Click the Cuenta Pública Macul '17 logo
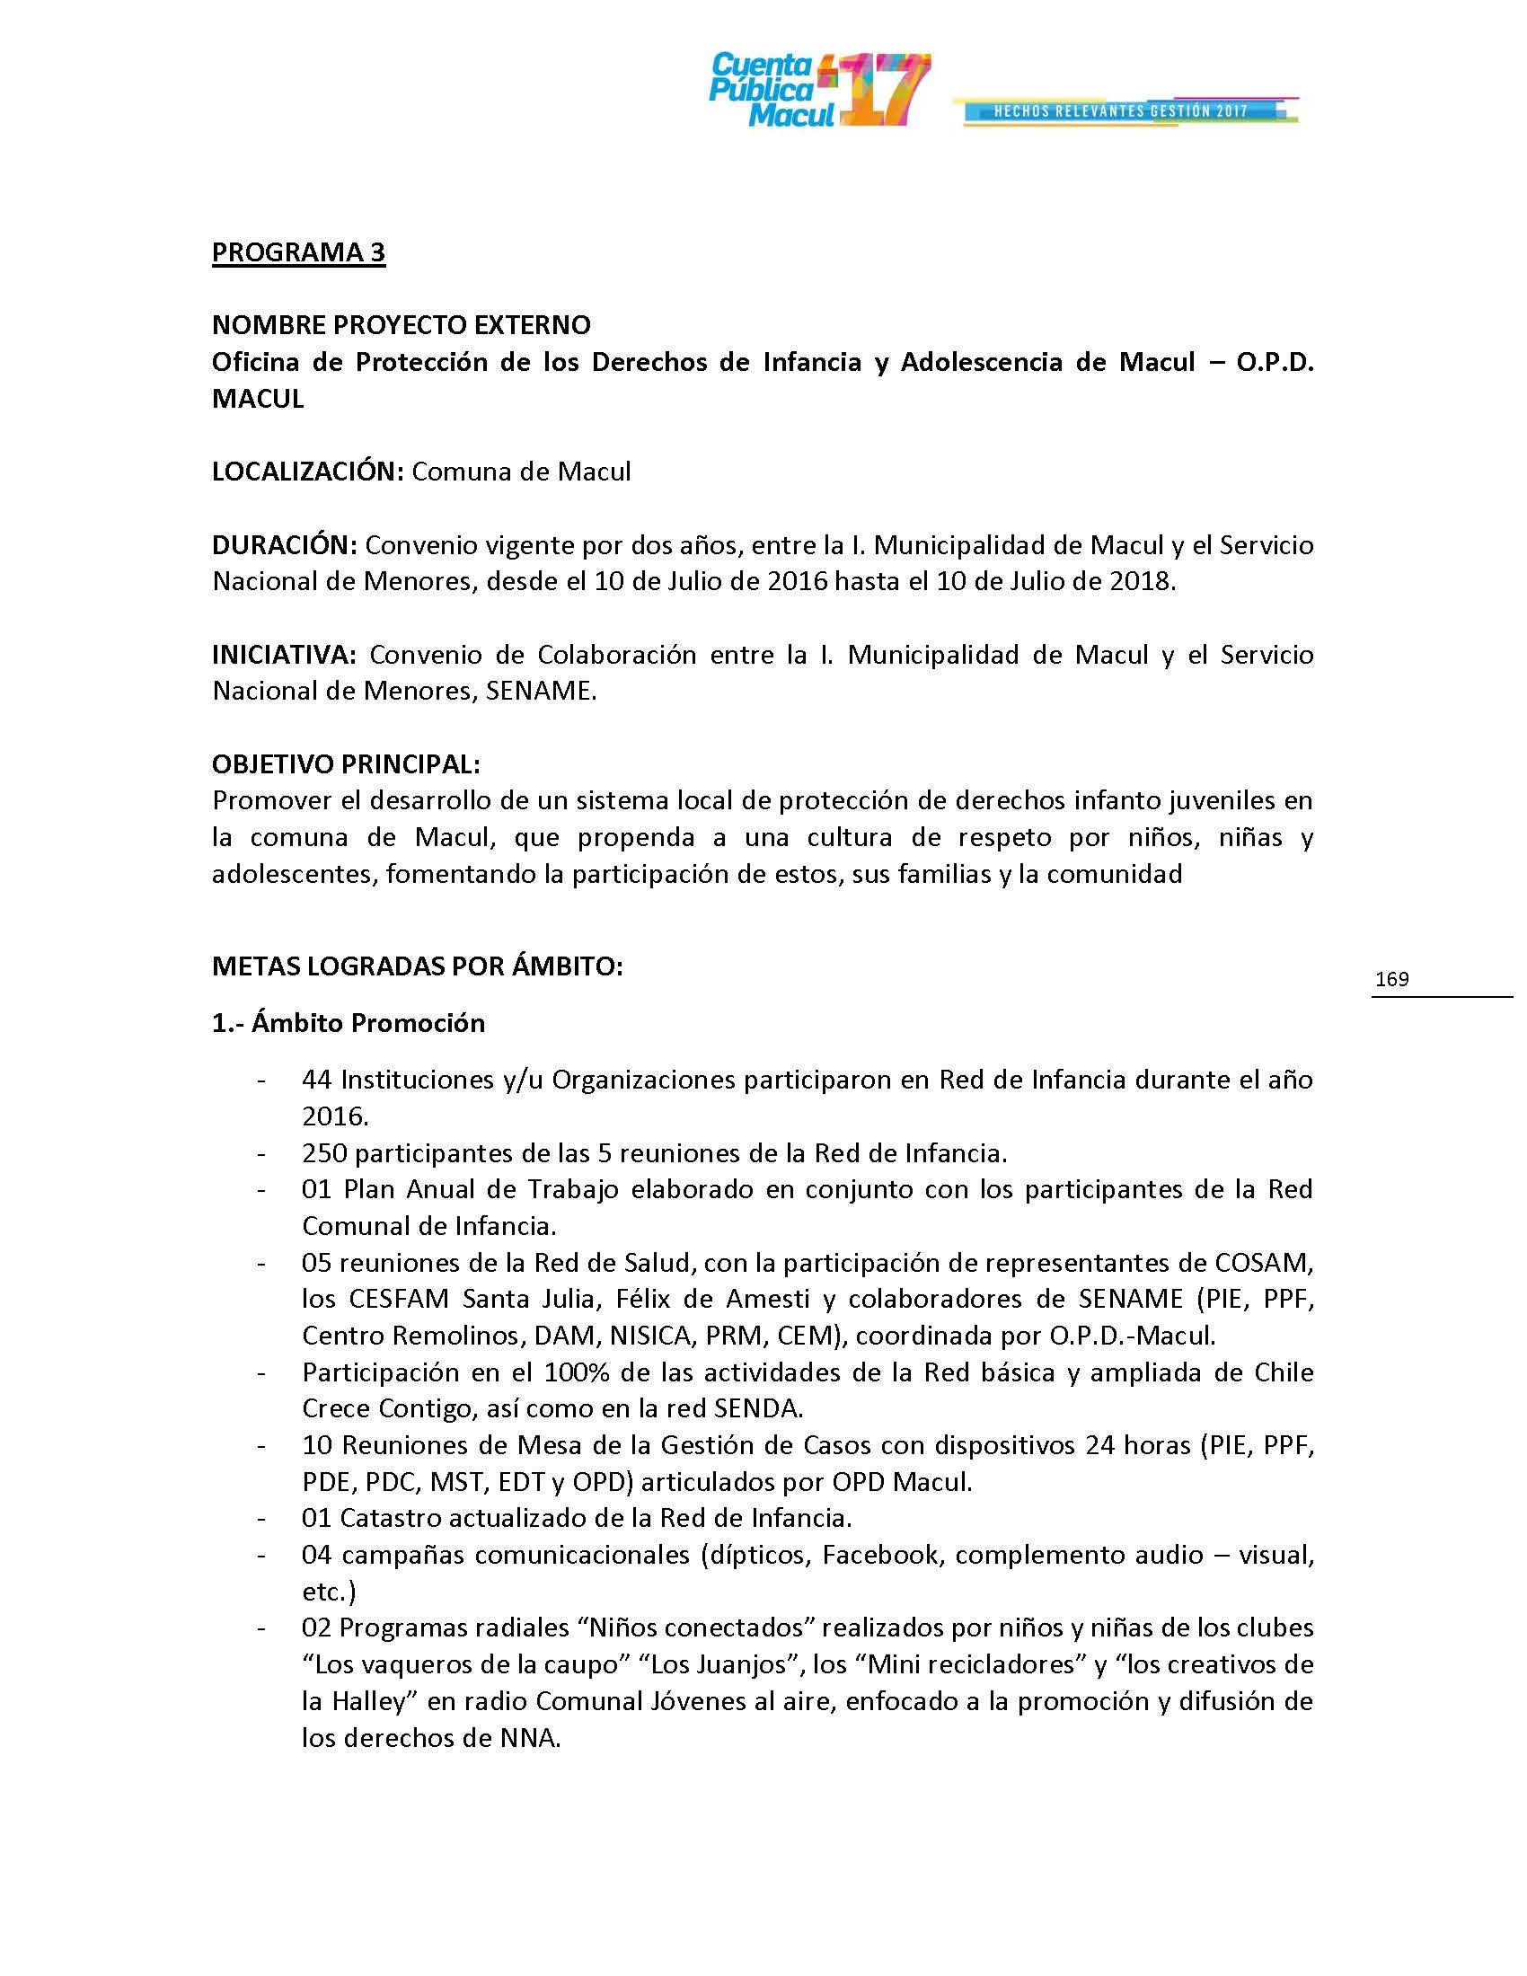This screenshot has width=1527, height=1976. [x=817, y=91]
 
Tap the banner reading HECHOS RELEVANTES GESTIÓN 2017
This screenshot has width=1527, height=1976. [x=1122, y=111]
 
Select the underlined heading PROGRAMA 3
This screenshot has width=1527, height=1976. [x=298, y=252]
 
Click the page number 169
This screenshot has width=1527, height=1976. [x=1391, y=979]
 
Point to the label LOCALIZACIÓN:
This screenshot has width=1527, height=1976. [x=307, y=472]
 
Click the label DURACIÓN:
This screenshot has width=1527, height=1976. [x=285, y=545]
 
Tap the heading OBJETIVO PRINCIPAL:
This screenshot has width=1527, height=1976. [x=346, y=764]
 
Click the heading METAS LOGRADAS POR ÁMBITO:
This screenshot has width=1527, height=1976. [x=417, y=966]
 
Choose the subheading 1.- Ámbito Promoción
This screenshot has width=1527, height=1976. [x=349, y=1023]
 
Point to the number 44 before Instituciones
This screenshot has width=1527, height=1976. [x=316, y=1080]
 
